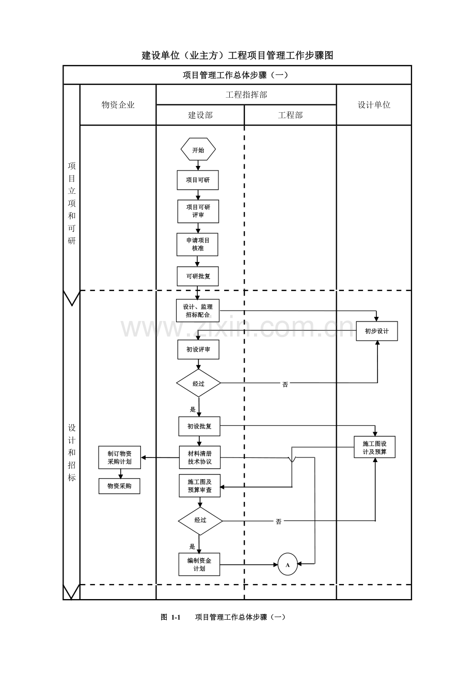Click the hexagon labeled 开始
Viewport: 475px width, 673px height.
click(x=198, y=149)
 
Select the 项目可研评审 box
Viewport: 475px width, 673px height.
click(x=198, y=211)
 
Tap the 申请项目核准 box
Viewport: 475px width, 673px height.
click(x=197, y=244)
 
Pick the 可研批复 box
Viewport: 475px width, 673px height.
click(x=198, y=277)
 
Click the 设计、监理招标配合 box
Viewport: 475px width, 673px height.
click(x=198, y=311)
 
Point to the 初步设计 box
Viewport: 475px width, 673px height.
click(x=377, y=331)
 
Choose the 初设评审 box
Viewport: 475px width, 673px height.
click(x=198, y=349)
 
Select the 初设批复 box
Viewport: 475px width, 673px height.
click(x=199, y=426)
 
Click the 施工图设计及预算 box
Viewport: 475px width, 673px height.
click(x=374, y=447)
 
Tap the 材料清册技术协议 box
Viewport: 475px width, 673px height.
click(x=200, y=457)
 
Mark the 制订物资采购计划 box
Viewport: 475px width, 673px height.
click(x=120, y=457)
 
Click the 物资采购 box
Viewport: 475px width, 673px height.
click(x=119, y=486)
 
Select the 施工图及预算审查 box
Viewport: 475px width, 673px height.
click(x=200, y=486)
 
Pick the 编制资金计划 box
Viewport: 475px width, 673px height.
click(x=199, y=564)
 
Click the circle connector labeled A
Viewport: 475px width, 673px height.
click(x=288, y=564)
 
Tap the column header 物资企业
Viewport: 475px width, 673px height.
click(x=118, y=104)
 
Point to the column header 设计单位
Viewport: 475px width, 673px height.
click(x=374, y=104)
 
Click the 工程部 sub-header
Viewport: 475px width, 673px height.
click(x=291, y=115)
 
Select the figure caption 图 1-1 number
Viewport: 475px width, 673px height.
click(x=170, y=617)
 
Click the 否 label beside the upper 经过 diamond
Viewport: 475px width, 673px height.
click(x=285, y=384)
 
